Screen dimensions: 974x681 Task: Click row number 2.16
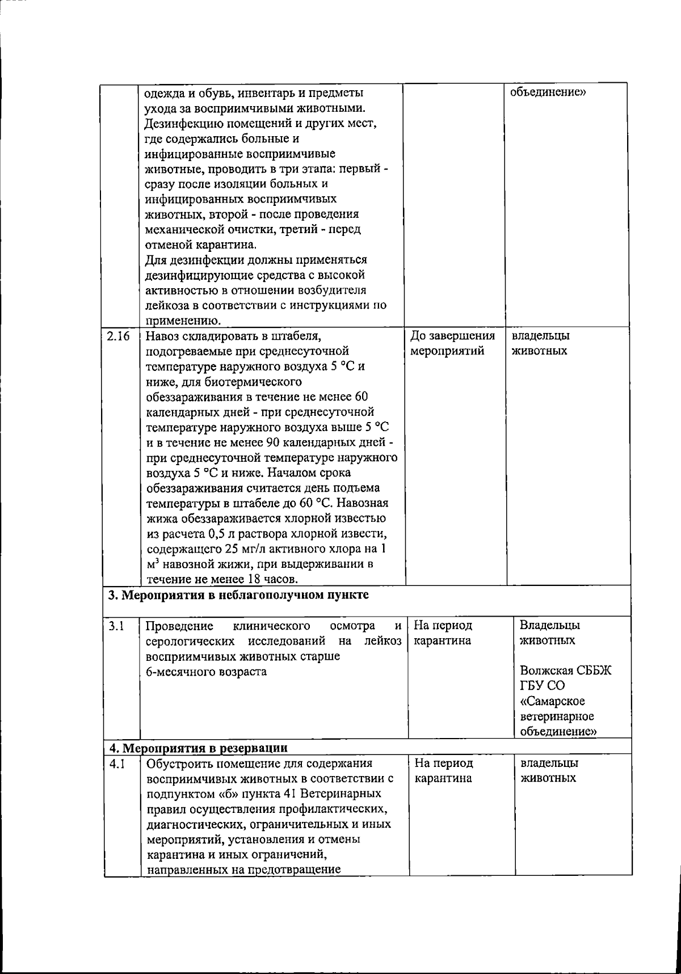(118, 335)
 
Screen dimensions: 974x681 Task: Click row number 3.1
(116, 626)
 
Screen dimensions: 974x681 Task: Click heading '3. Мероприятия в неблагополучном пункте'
(238, 595)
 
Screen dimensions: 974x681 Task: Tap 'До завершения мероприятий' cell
(452, 343)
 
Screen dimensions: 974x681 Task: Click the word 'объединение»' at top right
(548, 92)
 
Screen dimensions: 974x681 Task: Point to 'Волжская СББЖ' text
(566, 671)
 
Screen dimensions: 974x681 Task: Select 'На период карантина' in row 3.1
(443, 634)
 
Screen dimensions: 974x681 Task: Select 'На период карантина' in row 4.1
(444, 771)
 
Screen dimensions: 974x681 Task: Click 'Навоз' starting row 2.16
(161, 336)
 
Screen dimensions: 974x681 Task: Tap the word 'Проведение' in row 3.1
(180, 626)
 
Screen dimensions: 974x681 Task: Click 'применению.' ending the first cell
(179, 322)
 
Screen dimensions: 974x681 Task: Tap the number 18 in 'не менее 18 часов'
(253, 579)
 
